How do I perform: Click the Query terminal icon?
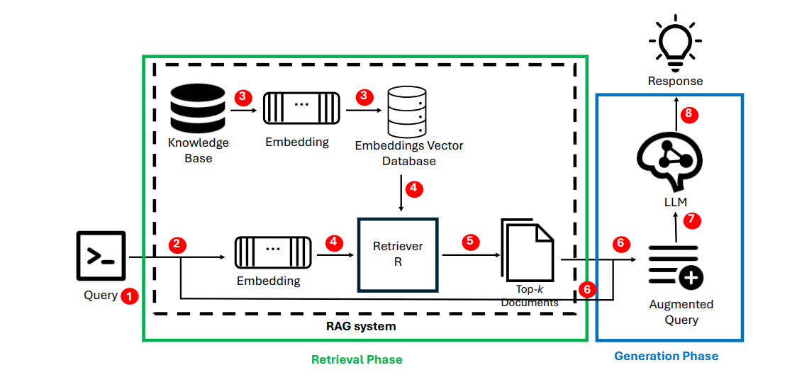(101, 255)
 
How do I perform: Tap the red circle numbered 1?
(129, 296)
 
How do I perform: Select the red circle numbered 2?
(178, 245)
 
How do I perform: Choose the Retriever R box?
(398, 254)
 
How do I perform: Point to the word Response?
(675, 81)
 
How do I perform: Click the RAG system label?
(361, 327)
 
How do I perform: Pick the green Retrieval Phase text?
(357, 359)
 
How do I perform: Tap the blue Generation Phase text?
(666, 356)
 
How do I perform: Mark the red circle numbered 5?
(470, 242)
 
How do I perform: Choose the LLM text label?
(675, 202)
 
